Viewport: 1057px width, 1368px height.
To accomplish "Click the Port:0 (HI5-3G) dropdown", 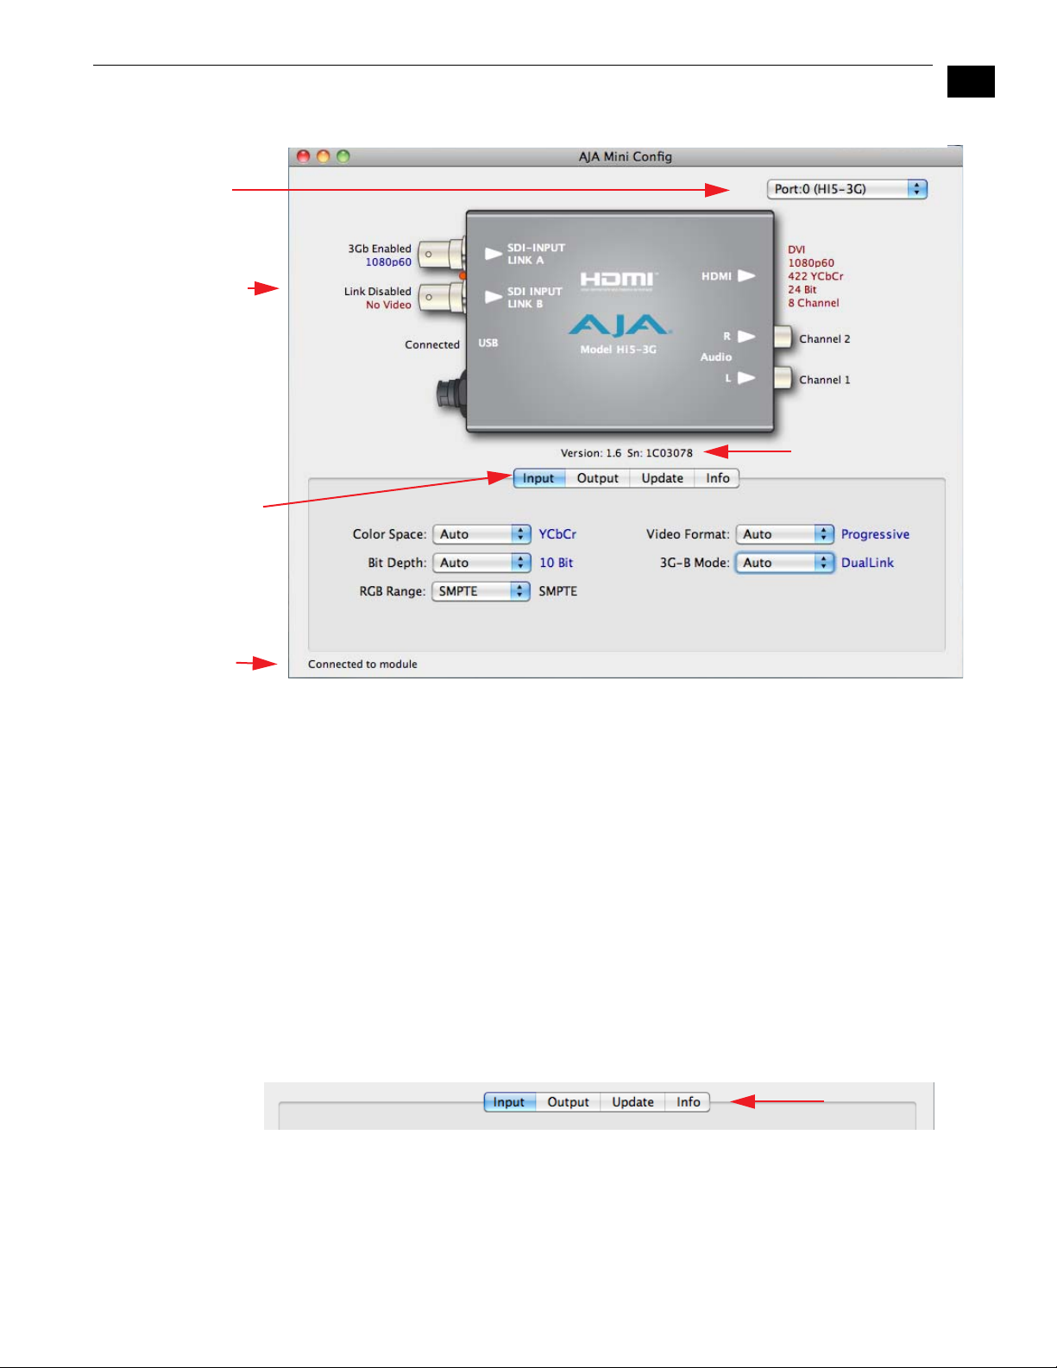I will pyautogui.click(x=846, y=189).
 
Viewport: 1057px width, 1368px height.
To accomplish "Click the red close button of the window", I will pyautogui.click(x=303, y=156).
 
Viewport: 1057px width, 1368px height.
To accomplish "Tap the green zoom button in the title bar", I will pyautogui.click(x=343, y=156).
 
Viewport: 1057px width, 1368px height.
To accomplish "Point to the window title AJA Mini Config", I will pyautogui.click(x=625, y=156).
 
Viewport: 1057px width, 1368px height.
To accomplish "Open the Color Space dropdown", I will pyautogui.click(x=481, y=534).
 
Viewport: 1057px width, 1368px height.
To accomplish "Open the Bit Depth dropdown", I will pyautogui.click(x=481, y=563).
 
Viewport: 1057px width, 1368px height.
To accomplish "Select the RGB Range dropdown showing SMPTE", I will pyautogui.click(x=481, y=591).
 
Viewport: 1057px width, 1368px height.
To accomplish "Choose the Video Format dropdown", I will pyautogui.click(x=784, y=534).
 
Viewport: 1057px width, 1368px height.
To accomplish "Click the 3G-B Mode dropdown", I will pyautogui.click(x=784, y=563).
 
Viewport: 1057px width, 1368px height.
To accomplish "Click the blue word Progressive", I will pyautogui.click(x=875, y=534).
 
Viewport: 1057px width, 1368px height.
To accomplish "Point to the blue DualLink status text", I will pyautogui.click(x=867, y=563).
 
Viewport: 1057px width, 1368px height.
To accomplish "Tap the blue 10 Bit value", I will pyautogui.click(x=556, y=563).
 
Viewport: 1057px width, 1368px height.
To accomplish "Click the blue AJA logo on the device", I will pyautogui.click(x=618, y=325).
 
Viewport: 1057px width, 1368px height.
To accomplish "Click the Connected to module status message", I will pyautogui.click(x=362, y=665).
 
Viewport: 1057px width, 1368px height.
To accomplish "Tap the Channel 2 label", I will pyautogui.click(x=824, y=339).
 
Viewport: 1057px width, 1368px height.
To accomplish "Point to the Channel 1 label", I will pyautogui.click(x=824, y=380).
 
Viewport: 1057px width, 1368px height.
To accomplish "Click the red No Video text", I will pyautogui.click(x=388, y=305).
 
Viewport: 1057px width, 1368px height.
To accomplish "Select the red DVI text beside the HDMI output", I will pyautogui.click(x=796, y=250).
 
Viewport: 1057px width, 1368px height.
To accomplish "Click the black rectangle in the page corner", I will pyautogui.click(x=971, y=81).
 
